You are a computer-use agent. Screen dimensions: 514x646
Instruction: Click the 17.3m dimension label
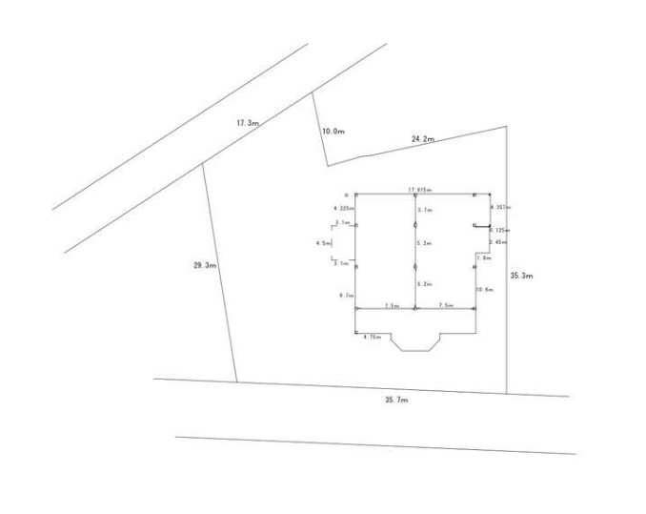point(248,123)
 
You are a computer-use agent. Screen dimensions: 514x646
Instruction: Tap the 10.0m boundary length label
point(332,131)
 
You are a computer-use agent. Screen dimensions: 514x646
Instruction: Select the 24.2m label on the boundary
point(423,140)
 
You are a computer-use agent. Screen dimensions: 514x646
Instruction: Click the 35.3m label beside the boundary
point(521,275)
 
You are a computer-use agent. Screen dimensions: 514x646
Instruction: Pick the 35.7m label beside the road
point(396,401)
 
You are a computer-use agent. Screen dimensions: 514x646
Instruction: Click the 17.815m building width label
point(420,190)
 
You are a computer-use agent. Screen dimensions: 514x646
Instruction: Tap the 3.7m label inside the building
point(425,209)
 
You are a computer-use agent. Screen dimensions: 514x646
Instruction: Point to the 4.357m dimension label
point(498,207)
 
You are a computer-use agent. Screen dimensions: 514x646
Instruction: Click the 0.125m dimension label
point(498,229)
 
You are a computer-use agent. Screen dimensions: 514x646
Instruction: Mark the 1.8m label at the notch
point(483,258)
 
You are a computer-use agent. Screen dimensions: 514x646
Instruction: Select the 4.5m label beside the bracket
point(324,243)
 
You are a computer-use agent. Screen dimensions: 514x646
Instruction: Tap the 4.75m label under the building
point(373,337)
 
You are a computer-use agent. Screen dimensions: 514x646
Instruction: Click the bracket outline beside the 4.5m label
point(333,244)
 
